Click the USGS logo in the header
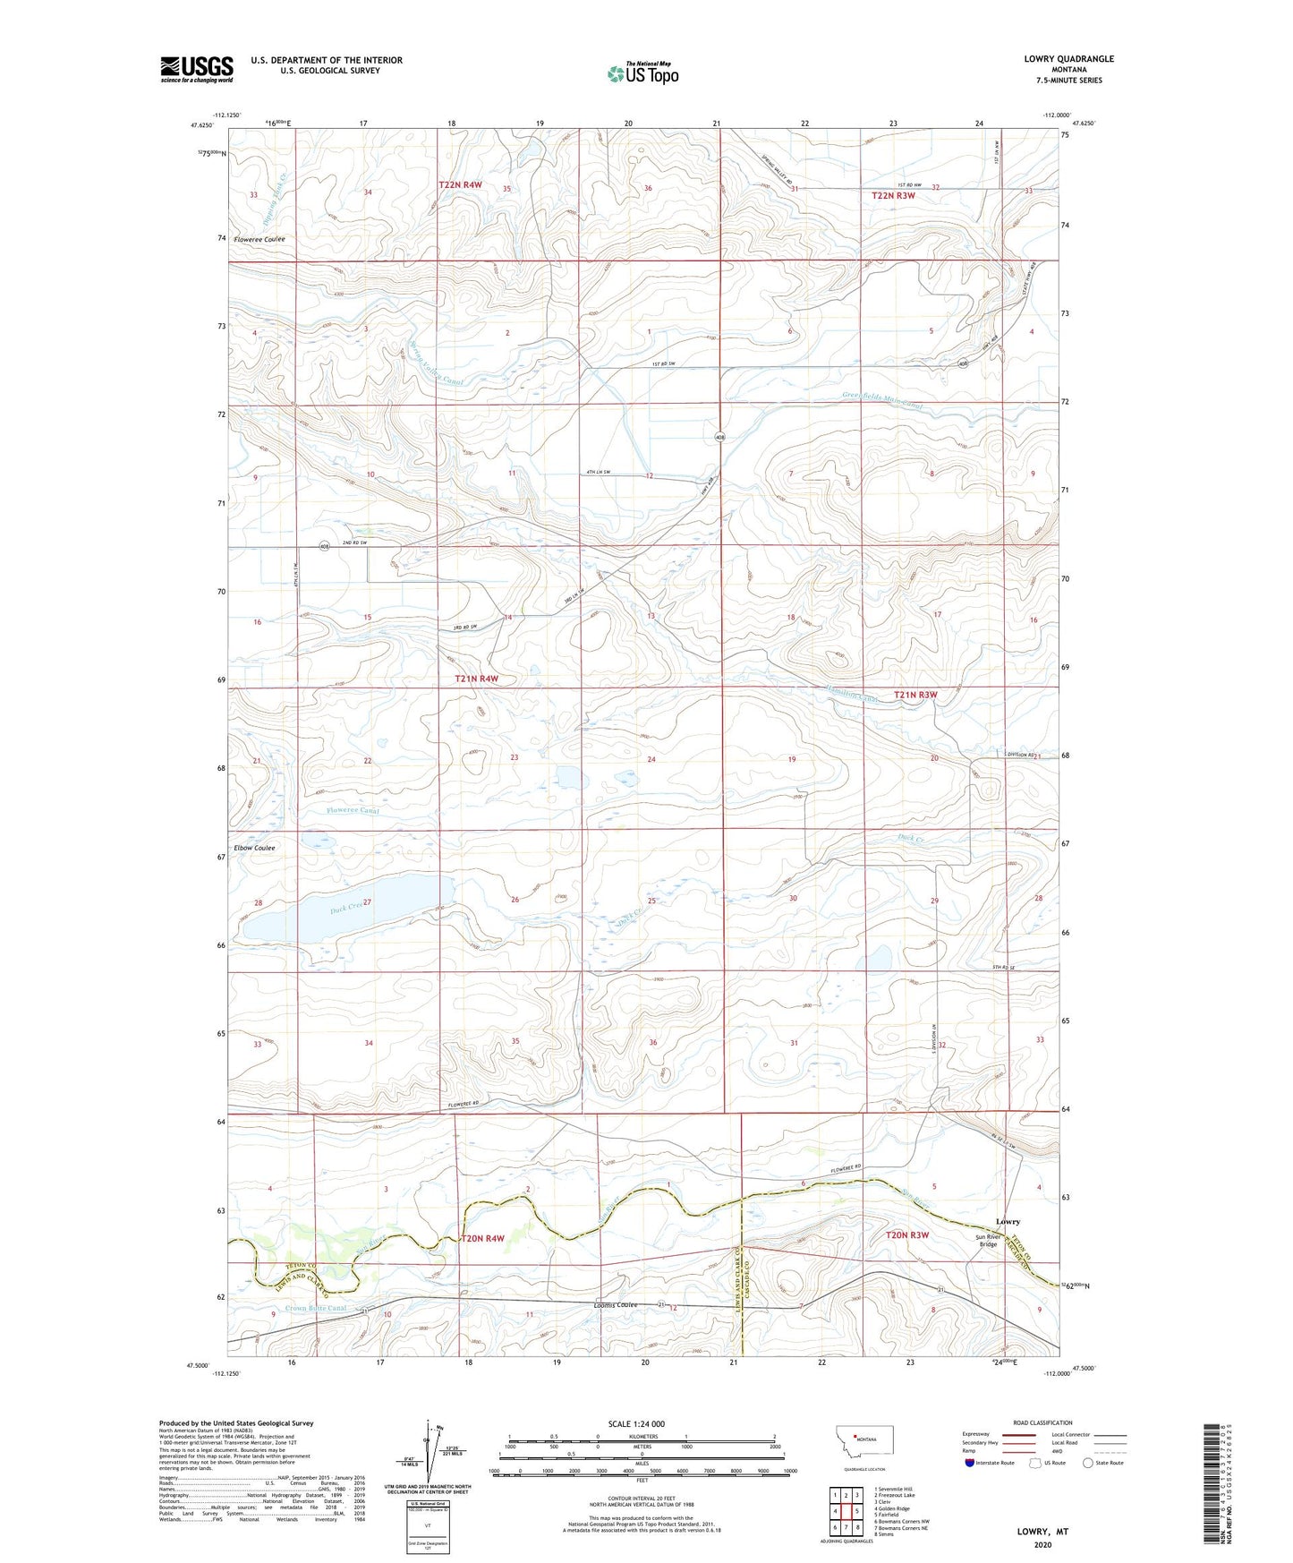pyautogui.click(x=196, y=69)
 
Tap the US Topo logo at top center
pyautogui.click(x=642, y=73)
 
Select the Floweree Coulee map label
pyautogui.click(x=259, y=240)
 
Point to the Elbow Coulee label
pyautogui.click(x=254, y=848)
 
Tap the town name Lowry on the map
pyautogui.click(x=1008, y=1222)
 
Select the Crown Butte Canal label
pyautogui.click(x=316, y=1309)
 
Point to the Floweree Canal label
pyautogui.click(x=352, y=811)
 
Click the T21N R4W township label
pyautogui.click(x=476, y=679)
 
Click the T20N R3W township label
pyautogui.click(x=907, y=1235)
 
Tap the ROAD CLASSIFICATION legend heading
pyautogui.click(x=1042, y=1422)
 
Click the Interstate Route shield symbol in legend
pyautogui.click(x=970, y=1463)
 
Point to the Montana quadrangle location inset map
pyautogui.click(x=863, y=1439)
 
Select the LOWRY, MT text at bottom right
pyautogui.click(x=1042, y=1532)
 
